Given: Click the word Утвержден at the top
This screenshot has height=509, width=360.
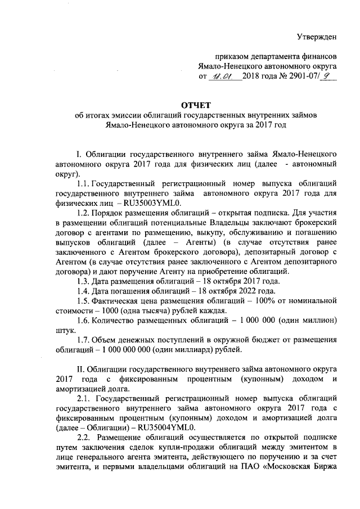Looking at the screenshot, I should [317, 38].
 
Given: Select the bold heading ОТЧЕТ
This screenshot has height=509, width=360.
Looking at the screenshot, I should [196, 105].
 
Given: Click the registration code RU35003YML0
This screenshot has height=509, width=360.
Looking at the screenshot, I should [156, 203].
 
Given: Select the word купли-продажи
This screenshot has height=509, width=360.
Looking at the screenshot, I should [181, 447].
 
